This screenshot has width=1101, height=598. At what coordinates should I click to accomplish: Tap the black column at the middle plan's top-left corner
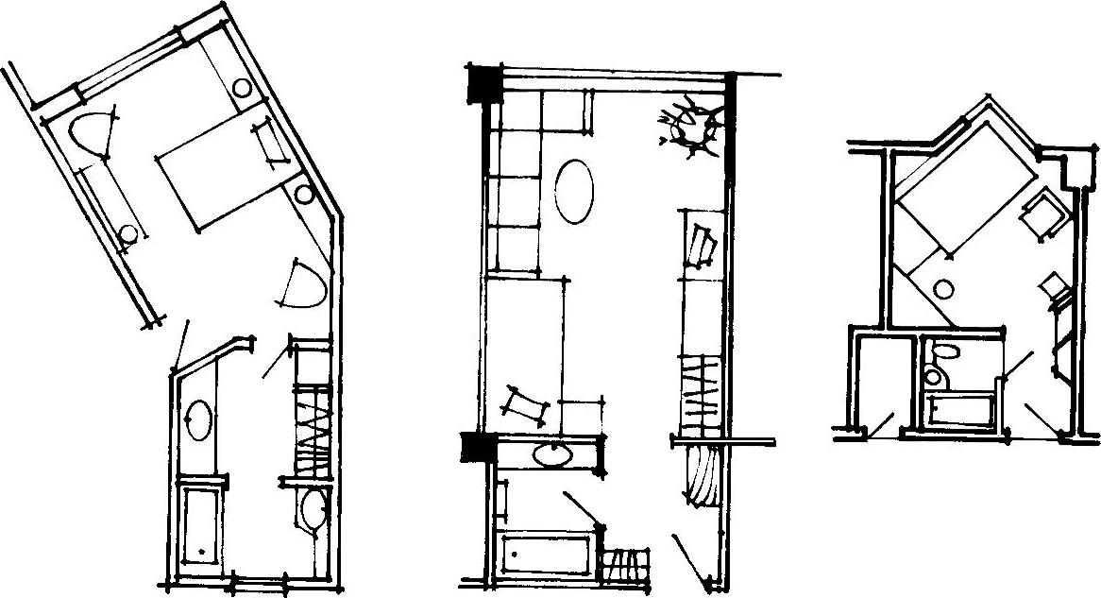click(483, 82)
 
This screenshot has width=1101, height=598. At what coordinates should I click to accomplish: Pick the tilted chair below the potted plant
click(701, 246)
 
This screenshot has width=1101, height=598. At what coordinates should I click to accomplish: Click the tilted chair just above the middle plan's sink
click(524, 403)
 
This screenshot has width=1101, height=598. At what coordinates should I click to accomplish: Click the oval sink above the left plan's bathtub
click(200, 419)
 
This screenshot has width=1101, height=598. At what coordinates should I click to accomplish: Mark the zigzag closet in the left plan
click(313, 426)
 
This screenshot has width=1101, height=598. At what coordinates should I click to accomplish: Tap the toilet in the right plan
click(939, 364)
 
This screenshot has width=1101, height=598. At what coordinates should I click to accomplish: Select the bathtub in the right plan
click(961, 411)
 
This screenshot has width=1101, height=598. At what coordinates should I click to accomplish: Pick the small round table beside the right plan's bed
click(943, 289)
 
